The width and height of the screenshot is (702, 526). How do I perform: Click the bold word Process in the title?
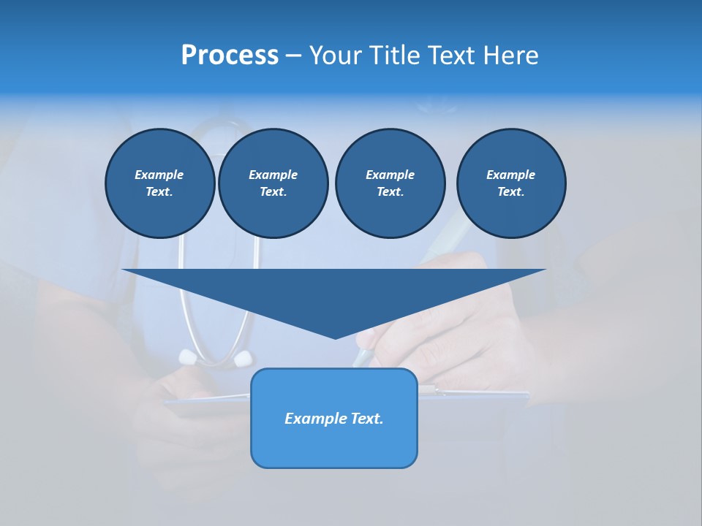230,56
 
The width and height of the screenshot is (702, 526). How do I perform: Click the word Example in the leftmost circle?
159,175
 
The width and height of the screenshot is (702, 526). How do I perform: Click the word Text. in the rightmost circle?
511,192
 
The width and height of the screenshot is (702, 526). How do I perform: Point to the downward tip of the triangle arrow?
335,338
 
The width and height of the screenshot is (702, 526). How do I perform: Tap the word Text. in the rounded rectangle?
367,419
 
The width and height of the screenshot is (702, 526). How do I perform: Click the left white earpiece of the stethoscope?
188,357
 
